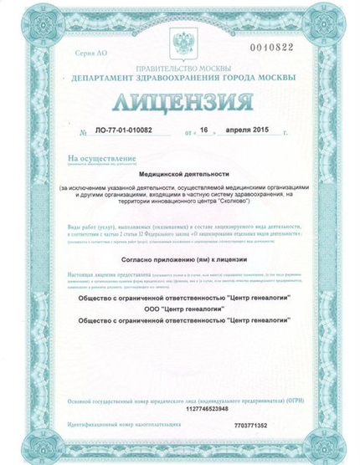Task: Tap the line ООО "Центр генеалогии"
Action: (x=179, y=308)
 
